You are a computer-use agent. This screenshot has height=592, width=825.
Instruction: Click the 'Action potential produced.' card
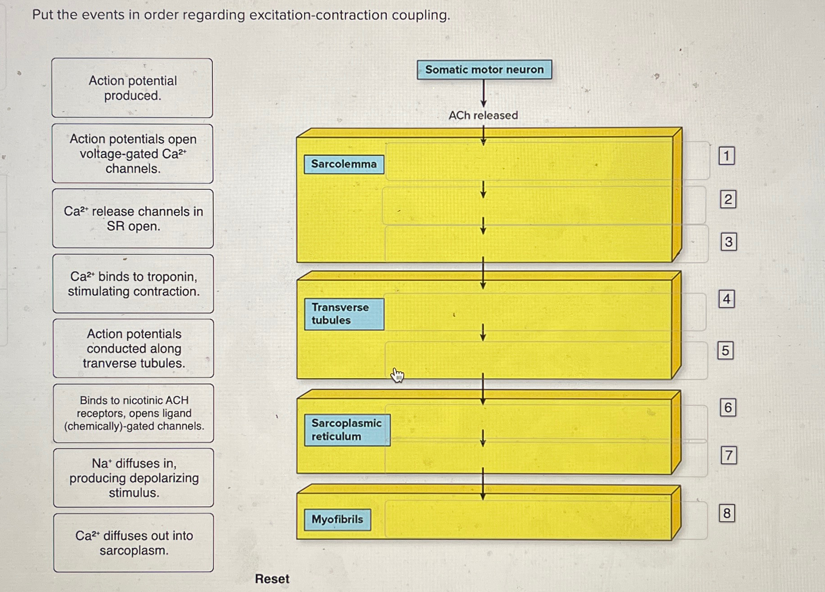point(132,88)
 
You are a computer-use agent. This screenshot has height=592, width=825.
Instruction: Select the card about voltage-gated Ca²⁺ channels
point(133,154)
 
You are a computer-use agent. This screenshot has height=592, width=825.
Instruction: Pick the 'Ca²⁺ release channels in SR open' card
point(133,219)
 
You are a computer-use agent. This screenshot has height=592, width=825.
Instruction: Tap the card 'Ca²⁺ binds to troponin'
point(133,284)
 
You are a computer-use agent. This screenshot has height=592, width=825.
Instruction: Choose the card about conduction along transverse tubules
point(134,349)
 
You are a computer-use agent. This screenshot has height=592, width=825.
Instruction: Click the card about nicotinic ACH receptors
point(134,413)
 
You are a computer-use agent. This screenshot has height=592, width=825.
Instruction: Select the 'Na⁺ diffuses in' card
point(134,478)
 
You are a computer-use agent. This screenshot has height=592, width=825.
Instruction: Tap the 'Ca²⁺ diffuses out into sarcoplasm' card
point(134,543)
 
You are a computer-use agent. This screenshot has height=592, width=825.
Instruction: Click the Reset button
point(272,579)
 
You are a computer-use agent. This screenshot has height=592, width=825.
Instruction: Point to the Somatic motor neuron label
point(484,70)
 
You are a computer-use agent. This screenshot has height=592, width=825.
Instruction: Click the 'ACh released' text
point(483,115)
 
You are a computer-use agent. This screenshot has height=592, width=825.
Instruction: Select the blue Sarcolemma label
point(344,164)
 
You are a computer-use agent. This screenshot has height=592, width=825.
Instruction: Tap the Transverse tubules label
point(344,314)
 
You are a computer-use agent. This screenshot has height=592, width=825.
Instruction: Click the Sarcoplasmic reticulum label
point(347,430)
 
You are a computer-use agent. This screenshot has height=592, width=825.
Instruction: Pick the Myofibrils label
point(337,520)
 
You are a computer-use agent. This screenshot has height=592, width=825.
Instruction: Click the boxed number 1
point(726,156)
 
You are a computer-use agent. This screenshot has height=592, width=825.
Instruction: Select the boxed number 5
point(725,351)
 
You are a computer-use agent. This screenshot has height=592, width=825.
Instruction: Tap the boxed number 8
point(727,514)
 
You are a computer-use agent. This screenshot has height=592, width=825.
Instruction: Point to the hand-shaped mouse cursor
point(397,375)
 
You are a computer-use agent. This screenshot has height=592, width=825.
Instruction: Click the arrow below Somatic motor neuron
point(484,94)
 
